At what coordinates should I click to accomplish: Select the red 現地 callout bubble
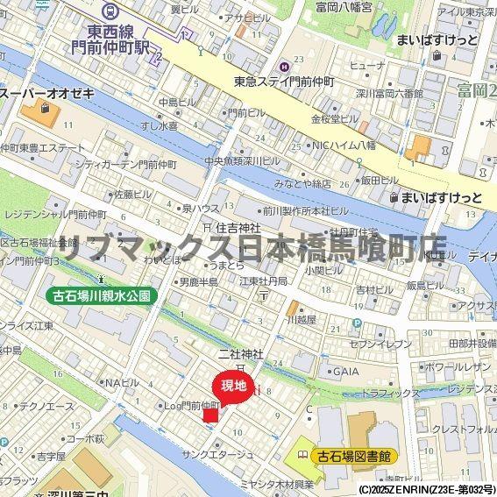click(233, 386)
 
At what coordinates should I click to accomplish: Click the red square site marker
click(210, 414)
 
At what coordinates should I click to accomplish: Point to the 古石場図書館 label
click(354, 456)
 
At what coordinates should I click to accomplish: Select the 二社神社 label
click(241, 353)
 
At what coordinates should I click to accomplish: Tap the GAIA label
click(345, 371)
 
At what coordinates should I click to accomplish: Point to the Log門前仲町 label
click(192, 405)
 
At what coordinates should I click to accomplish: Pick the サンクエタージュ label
click(218, 454)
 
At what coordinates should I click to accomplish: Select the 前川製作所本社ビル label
click(306, 210)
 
